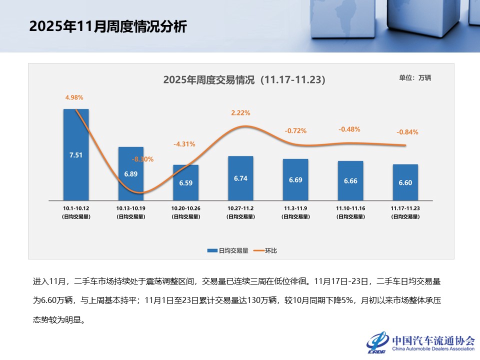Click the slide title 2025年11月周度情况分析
tap(108, 26)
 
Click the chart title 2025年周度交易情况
tap(244, 80)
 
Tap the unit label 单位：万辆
tap(414, 77)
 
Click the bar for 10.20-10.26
tap(185, 183)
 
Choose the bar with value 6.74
tap(240, 178)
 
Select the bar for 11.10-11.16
tap(350, 180)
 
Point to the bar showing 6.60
tap(405, 182)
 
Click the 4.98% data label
tap(74, 97)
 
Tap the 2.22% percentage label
tap(240, 113)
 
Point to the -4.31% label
tap(184, 144)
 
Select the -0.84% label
tap(407, 132)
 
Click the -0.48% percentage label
tap(349, 129)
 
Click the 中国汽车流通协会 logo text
tap(433, 340)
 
